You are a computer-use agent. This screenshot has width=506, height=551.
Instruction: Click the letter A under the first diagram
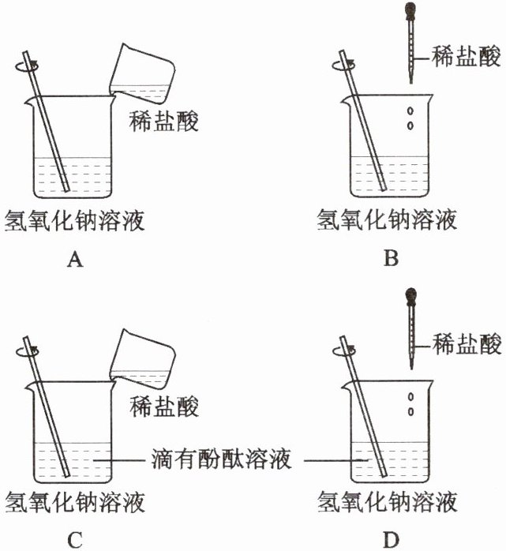pyautogui.click(x=76, y=258)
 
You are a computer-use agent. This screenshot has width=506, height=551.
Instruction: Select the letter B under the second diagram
pyautogui.click(x=388, y=258)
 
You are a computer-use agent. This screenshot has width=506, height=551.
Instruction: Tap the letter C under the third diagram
pyautogui.click(x=76, y=540)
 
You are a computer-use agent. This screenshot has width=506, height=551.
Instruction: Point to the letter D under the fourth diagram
pyautogui.click(x=390, y=540)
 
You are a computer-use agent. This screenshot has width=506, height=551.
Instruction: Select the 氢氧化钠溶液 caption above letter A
pyautogui.click(x=75, y=219)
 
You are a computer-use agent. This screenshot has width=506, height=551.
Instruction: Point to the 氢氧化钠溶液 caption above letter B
pyautogui.click(x=387, y=219)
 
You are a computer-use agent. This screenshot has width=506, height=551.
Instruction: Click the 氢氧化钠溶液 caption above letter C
pyautogui.click(x=75, y=503)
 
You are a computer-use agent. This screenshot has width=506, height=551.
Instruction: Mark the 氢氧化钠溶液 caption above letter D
pyautogui.click(x=387, y=503)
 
